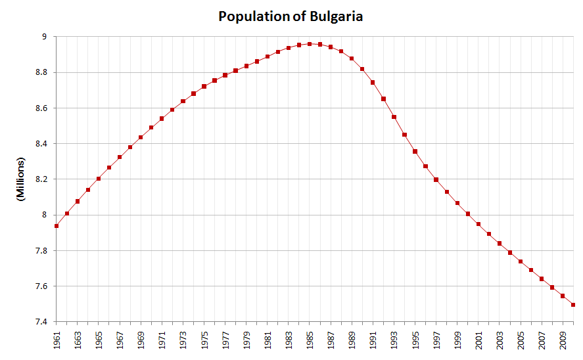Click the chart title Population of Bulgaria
(x=291, y=16)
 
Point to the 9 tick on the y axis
(x=45, y=37)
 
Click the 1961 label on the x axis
(x=57, y=342)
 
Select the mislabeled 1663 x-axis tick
(x=78, y=342)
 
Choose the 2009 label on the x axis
(x=563, y=342)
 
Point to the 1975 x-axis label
(x=204, y=342)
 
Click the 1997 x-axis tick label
(x=436, y=342)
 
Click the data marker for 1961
(x=57, y=226)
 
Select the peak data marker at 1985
(x=310, y=44)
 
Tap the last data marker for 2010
(x=574, y=305)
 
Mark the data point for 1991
(x=373, y=82)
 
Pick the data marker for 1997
(x=436, y=179)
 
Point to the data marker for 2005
(x=521, y=261)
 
